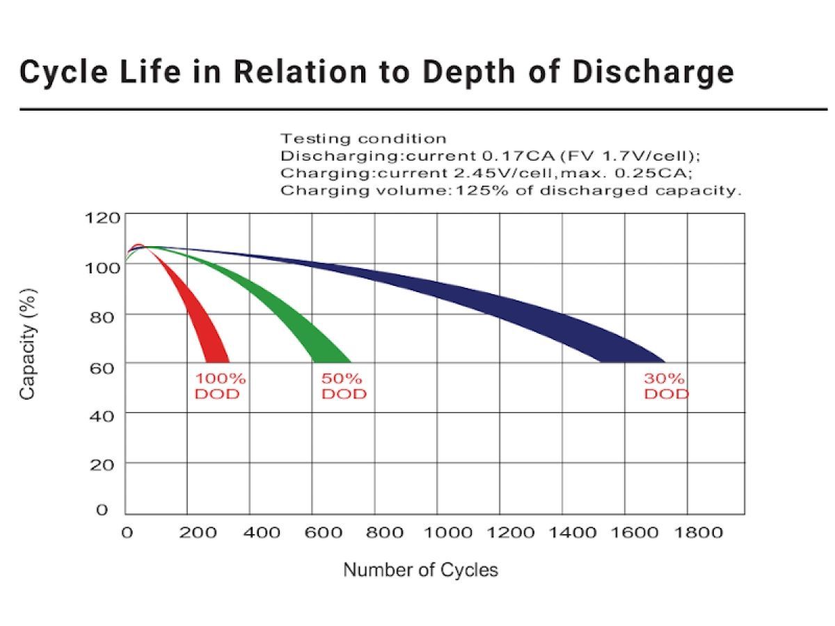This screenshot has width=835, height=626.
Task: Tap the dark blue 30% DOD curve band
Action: [591, 327]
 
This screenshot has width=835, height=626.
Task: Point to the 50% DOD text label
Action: [343, 386]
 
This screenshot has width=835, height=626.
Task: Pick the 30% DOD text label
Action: [665, 386]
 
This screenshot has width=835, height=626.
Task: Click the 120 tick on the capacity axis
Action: [102, 218]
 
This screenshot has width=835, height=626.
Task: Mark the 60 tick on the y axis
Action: [102, 367]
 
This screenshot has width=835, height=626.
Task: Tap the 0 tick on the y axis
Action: [102, 510]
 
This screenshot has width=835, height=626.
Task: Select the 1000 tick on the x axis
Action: [447, 533]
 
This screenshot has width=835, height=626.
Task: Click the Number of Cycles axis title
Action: [421, 570]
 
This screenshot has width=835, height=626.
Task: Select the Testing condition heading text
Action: [363, 138]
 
